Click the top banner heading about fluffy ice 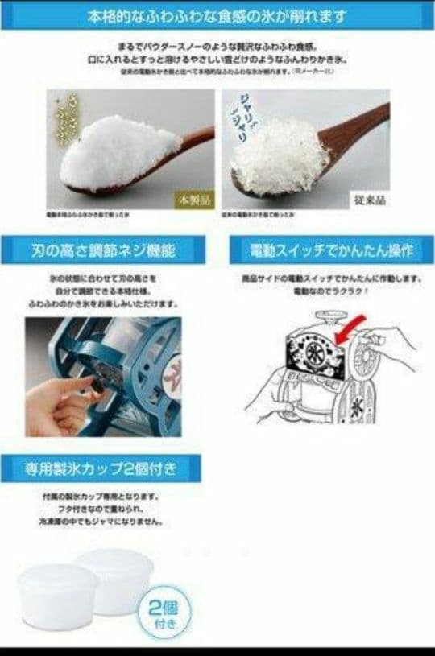217,15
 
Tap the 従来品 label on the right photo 370,198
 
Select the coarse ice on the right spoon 278,158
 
